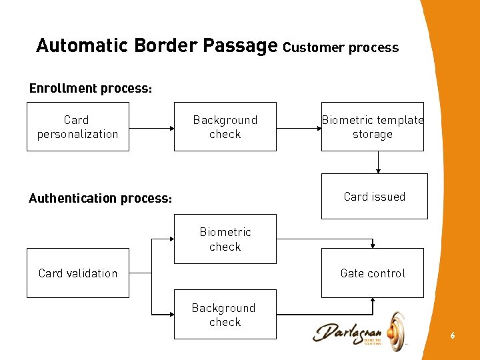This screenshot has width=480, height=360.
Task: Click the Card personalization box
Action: pyautogui.click(x=77, y=127)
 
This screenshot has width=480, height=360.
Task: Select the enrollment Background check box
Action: pyautogui.click(x=225, y=127)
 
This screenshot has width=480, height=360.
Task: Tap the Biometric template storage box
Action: pyautogui.click(x=372, y=127)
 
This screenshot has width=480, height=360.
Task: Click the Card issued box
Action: pyautogui.click(x=374, y=197)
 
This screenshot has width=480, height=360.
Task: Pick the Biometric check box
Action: pyautogui.click(x=225, y=239)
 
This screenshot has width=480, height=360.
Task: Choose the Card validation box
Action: pyautogui.click(x=77, y=273)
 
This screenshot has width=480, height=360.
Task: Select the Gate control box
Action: pyautogui.click(x=372, y=273)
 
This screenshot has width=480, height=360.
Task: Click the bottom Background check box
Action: pyautogui.click(x=225, y=315)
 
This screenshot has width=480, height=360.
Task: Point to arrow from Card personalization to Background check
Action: pyautogui.click(x=151, y=127)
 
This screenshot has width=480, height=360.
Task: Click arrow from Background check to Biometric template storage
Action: pyautogui.click(x=299, y=127)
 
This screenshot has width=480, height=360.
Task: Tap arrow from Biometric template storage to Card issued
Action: pyautogui.click(x=378, y=162)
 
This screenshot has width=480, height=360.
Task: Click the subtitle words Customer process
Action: pyautogui.click(x=341, y=47)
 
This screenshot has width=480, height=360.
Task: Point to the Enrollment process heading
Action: pyautogui.click(x=91, y=89)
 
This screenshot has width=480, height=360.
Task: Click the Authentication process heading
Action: pyautogui.click(x=101, y=199)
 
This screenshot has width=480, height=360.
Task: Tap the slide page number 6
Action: pyautogui.click(x=452, y=335)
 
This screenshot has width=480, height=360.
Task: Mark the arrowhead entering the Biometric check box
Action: pyautogui.click(x=170, y=239)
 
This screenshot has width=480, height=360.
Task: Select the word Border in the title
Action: pyautogui.click(x=165, y=45)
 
